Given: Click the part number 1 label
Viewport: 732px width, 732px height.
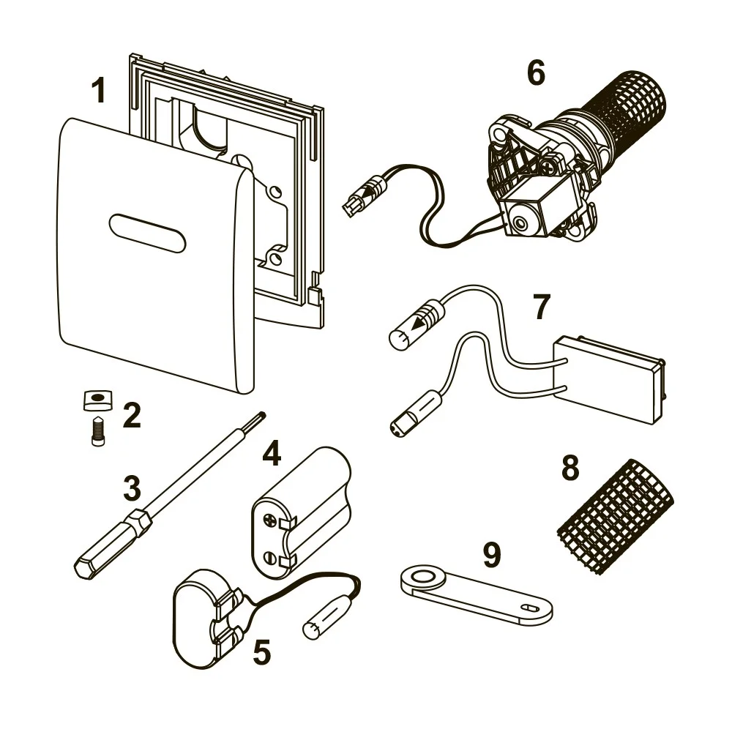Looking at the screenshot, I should coord(98,92).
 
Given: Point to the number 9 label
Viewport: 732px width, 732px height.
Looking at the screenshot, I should coord(492,555).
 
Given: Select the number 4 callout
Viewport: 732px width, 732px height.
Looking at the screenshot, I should coord(272,455).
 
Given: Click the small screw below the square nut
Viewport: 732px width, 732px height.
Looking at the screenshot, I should coord(97,431).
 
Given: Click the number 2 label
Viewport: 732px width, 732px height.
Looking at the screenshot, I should coord(131,416).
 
